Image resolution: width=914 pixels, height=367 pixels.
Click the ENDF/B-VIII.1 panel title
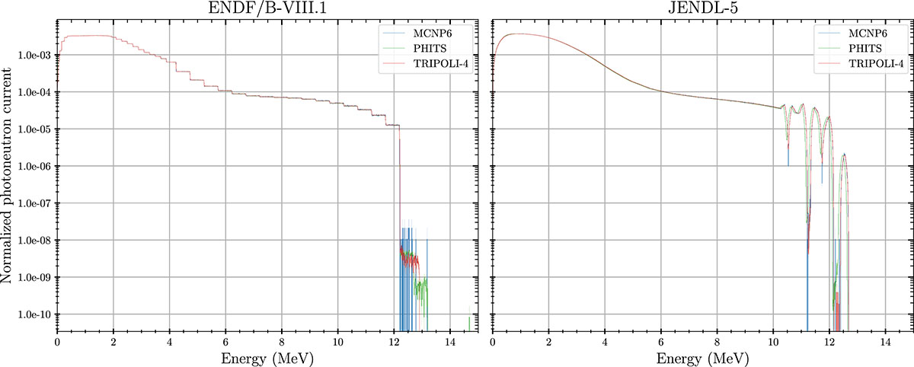(x=268, y=8)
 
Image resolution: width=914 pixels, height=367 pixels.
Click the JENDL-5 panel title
(x=704, y=8)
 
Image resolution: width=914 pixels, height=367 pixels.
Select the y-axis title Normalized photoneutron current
(x=8, y=178)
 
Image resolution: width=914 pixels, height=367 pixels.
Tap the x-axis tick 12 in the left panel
(x=394, y=341)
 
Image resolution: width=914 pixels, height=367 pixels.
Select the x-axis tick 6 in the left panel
(x=225, y=341)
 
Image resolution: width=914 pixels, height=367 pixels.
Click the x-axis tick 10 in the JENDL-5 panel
(x=774, y=341)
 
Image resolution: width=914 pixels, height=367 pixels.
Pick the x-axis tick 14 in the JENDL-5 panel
(x=886, y=341)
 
